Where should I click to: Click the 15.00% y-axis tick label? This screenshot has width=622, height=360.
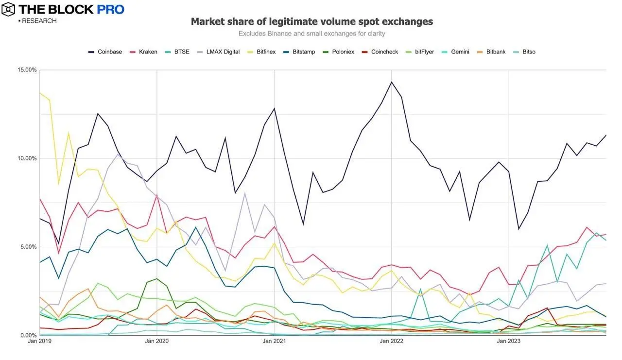(28, 69)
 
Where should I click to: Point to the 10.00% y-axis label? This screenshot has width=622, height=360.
(28, 158)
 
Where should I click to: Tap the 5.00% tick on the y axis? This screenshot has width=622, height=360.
(29, 247)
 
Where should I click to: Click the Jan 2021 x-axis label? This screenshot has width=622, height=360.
(274, 341)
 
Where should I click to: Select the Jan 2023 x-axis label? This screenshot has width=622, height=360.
(508, 341)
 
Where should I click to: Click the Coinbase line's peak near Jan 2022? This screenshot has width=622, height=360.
(391, 82)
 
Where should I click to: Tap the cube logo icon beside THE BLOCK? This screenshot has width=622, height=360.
(8, 9)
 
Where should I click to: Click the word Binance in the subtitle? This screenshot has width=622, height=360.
(279, 34)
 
